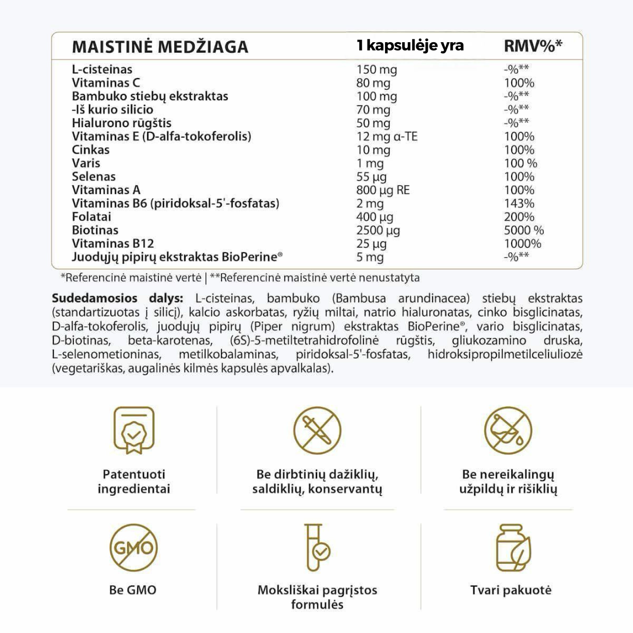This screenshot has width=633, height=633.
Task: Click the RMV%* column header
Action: pos(533,46)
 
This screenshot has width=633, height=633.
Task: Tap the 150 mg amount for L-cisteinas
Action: pos(376,70)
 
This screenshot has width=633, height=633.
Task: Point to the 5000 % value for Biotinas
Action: pos(520,230)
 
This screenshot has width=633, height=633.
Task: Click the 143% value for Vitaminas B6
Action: pos(519,203)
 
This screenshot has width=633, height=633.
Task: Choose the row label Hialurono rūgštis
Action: pos(121,123)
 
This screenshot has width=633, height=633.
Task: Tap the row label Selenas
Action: pos(94,176)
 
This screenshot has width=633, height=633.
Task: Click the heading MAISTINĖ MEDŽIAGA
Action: pos(159,47)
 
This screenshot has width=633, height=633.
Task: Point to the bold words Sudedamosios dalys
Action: pos(118,298)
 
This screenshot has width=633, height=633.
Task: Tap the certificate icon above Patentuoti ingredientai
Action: pos(134,431)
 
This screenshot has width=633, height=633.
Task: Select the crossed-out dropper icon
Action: pos(317,431)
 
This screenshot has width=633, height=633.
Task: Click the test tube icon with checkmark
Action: pos(317,549)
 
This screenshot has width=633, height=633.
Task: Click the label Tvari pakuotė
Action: pos(511,590)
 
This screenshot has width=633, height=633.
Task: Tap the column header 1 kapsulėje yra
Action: pos(410,46)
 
